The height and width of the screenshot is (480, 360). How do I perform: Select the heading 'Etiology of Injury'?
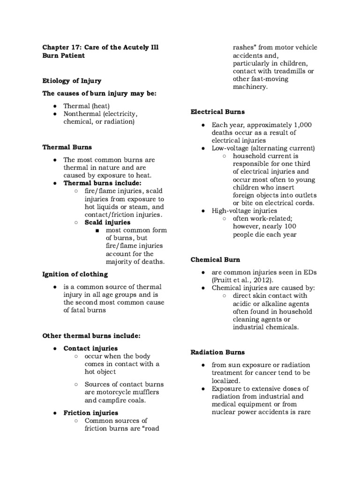[x=71, y=81]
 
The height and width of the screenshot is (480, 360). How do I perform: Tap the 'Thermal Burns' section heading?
[x=67, y=147]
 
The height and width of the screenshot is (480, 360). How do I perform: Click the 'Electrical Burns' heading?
[x=217, y=112]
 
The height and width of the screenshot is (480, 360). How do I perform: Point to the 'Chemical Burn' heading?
[x=215, y=259]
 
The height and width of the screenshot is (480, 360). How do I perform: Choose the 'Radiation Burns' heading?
[x=217, y=352]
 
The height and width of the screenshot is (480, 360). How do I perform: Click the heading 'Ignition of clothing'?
[x=75, y=274]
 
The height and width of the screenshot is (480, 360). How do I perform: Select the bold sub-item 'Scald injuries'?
[x=107, y=222]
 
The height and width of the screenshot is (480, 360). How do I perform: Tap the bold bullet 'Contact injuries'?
[x=90, y=348]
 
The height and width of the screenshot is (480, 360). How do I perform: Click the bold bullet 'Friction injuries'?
[x=90, y=412]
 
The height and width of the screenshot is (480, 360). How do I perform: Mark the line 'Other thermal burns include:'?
[x=91, y=336]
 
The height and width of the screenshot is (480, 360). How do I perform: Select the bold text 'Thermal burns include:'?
[x=102, y=183]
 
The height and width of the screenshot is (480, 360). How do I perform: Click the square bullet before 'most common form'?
[x=97, y=231]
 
